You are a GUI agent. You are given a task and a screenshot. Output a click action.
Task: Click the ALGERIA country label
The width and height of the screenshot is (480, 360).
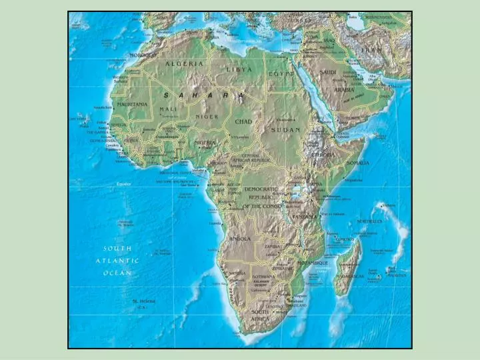185,63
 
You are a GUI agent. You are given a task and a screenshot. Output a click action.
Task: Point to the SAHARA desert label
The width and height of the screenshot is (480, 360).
203,95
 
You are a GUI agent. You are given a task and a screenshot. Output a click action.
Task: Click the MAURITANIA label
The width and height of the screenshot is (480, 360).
132,105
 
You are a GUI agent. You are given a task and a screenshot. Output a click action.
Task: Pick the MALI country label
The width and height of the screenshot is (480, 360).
168,109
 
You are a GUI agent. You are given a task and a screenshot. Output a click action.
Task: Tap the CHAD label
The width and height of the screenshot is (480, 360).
243,122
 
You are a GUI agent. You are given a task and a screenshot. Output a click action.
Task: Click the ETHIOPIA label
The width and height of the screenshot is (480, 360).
323,155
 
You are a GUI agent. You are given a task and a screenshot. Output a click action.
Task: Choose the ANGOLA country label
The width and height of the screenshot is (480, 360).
239,238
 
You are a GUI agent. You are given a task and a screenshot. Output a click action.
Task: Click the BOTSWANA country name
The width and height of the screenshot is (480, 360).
263,276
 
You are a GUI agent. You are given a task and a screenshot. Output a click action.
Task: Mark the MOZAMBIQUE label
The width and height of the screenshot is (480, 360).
312,263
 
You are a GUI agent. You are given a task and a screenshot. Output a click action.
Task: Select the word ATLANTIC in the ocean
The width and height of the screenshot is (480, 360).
117,261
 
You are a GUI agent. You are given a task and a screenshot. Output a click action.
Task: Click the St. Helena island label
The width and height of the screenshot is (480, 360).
143,301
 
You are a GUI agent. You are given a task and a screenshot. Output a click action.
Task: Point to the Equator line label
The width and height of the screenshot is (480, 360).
125,183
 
